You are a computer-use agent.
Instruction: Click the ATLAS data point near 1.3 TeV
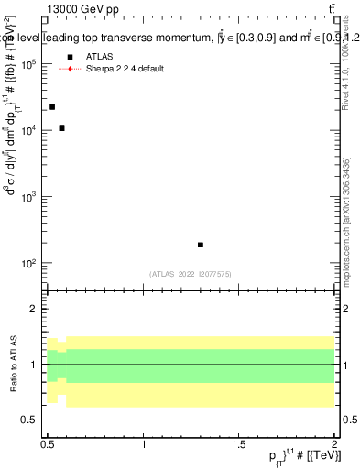tap(201, 245)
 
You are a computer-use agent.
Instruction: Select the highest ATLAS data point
tap(52, 107)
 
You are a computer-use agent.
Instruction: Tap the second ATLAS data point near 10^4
tap(61, 128)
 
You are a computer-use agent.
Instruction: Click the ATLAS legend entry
tap(98, 56)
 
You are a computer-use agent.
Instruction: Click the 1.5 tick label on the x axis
tap(239, 442)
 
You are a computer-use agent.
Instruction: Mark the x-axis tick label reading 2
tap(334, 442)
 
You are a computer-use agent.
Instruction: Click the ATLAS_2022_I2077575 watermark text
tap(191, 273)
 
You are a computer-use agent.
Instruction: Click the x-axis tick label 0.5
tap(49, 442)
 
